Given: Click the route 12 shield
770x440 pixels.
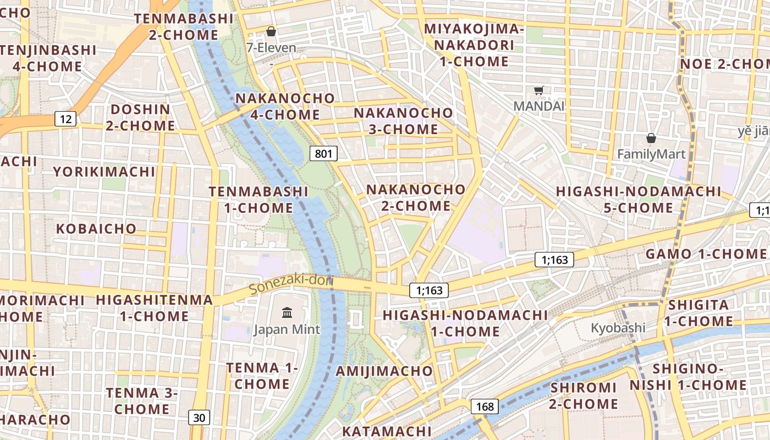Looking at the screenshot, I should tap(65, 118).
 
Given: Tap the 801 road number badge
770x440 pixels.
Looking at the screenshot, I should tap(323, 153).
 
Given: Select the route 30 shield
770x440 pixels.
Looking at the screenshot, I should tap(199, 417).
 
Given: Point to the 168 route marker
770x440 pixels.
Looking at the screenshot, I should tap(485, 406).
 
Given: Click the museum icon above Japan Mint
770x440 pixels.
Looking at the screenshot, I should tap(287, 313).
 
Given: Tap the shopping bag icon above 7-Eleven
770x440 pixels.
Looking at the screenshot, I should tap(271, 31).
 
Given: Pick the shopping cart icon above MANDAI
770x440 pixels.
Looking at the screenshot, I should tap(539, 90).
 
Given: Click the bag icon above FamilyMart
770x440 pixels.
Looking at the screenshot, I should tap(651, 137).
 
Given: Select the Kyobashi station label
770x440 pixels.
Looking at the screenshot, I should tap(618, 328).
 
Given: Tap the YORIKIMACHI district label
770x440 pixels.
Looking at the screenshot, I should tap(105, 172).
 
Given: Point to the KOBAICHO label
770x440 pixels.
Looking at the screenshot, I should tap(96, 228).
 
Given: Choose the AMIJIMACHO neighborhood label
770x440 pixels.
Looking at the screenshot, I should tap(384, 371).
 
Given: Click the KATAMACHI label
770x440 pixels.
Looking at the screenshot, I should tap(387, 431).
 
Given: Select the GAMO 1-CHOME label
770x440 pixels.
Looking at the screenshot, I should tap(706, 254).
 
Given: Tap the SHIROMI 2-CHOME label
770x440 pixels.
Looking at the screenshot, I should tap(584, 395).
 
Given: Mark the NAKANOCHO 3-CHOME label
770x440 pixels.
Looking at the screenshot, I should tap(403, 121).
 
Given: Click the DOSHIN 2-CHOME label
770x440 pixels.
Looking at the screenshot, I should tap(140, 117).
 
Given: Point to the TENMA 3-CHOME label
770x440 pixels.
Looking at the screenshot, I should tap(142, 401).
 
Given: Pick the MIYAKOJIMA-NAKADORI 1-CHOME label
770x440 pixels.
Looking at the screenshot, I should tap(474, 45).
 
